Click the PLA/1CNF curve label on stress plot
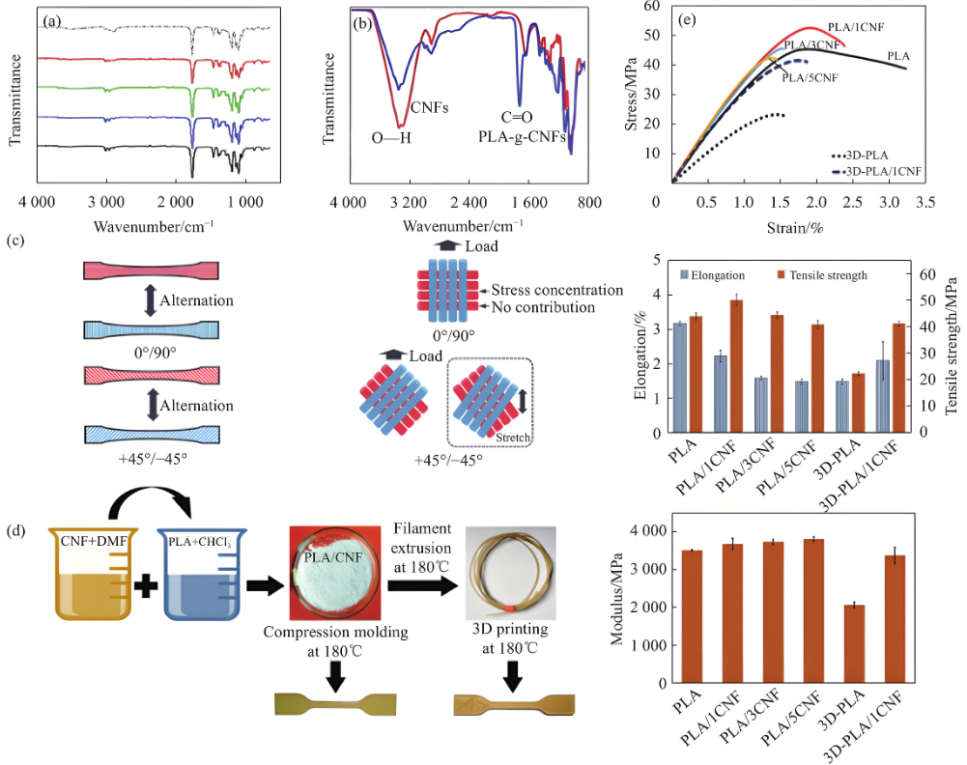(x=830, y=30)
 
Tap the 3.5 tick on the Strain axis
(x=924, y=204)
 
